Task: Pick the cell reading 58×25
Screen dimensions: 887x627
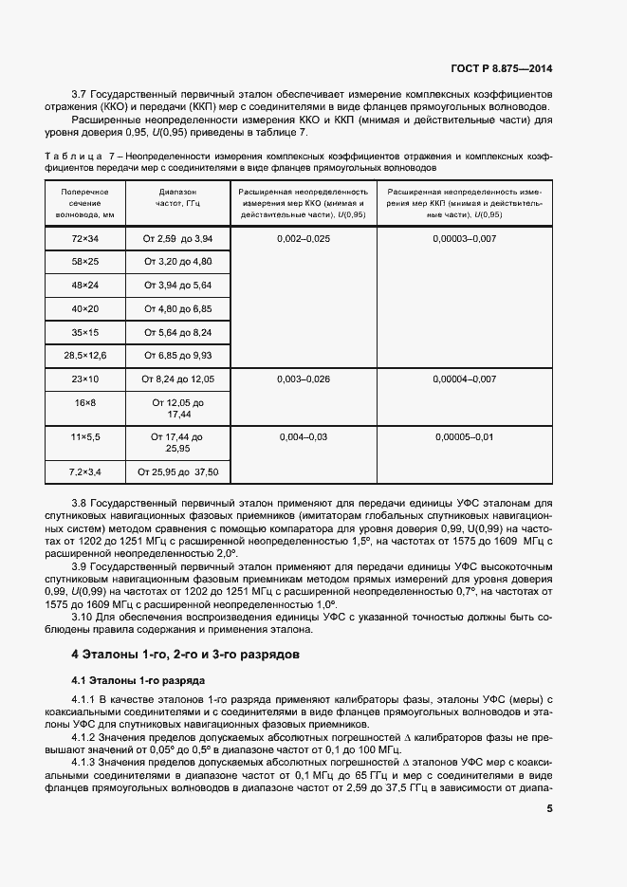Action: click(x=85, y=261)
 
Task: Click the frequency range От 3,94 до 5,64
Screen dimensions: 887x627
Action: click(x=177, y=285)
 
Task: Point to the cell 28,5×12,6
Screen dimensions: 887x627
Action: click(x=85, y=355)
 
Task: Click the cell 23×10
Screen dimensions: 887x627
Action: click(x=85, y=379)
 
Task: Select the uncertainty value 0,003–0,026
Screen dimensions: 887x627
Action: click(x=304, y=379)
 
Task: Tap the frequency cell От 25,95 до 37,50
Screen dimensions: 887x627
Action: click(x=177, y=471)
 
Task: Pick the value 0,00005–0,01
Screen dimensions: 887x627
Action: click(x=464, y=436)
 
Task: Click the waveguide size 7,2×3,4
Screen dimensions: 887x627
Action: click(x=85, y=471)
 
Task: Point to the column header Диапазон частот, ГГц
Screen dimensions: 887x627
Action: click(x=177, y=203)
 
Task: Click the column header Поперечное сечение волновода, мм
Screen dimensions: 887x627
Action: click(x=85, y=203)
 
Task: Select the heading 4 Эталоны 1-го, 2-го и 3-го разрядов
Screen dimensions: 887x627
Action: click(x=186, y=655)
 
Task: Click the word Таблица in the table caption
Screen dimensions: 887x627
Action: click(x=74, y=155)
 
